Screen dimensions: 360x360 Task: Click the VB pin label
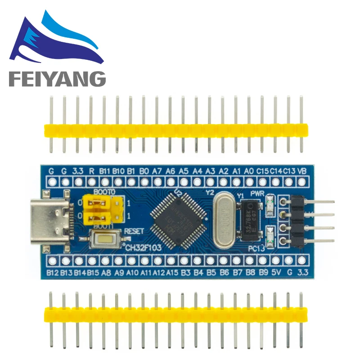coord(303,171)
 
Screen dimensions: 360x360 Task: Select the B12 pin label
coord(53,273)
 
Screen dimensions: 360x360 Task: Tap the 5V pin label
coord(277,273)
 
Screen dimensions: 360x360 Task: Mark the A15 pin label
coord(172,273)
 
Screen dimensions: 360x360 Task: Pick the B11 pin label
coord(105,171)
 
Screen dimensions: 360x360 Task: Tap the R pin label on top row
coord(91,171)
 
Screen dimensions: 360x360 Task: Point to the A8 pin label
coord(106,273)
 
